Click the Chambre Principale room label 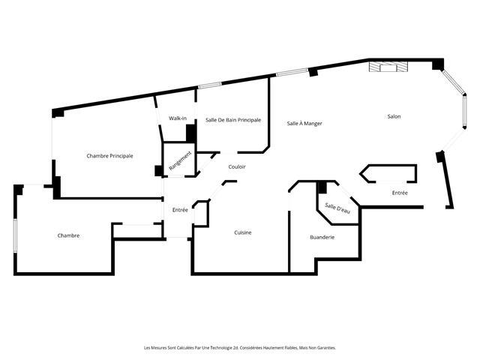(x=109, y=156)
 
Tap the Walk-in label (x=178, y=118)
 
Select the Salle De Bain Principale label (x=233, y=120)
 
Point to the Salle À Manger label (x=304, y=123)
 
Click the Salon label (x=394, y=116)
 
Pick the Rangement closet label (x=180, y=161)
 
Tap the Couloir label (x=237, y=166)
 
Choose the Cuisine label (x=243, y=232)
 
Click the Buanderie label (x=322, y=237)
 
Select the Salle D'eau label (x=337, y=208)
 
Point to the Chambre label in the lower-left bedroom (x=68, y=235)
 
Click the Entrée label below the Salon (x=400, y=193)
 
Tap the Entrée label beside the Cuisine (x=180, y=210)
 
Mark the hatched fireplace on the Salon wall (x=388, y=67)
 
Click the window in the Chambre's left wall (x=15, y=235)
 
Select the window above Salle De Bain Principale (x=210, y=85)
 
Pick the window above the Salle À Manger (x=292, y=72)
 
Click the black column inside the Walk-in (x=191, y=133)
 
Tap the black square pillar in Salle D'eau (x=322, y=187)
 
